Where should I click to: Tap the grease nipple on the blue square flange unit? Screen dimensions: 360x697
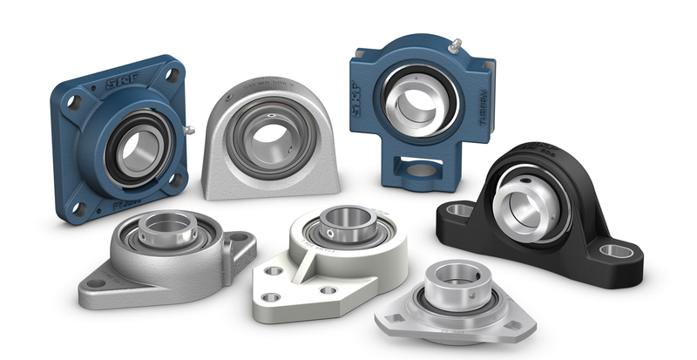188,131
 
